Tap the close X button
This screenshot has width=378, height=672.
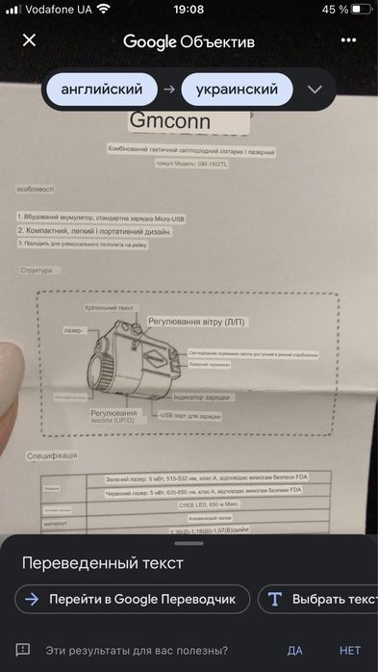pyautogui.click(x=29, y=40)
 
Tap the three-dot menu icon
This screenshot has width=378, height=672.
pyautogui.click(x=348, y=40)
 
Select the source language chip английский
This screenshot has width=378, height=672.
pyautogui.click(x=101, y=90)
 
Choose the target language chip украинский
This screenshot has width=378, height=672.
pyautogui.click(x=237, y=90)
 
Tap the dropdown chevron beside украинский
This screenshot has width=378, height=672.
pyautogui.click(x=315, y=90)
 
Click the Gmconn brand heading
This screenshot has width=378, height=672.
pyautogui.click(x=169, y=122)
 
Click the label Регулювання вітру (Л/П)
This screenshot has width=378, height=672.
pyautogui.click(x=195, y=318)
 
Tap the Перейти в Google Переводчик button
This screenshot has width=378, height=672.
pyautogui.click(x=133, y=599)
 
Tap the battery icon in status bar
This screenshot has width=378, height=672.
pyautogui.click(x=364, y=9)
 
